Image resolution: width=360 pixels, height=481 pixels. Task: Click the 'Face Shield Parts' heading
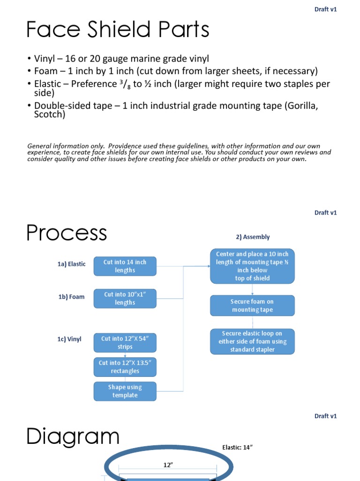point(118,30)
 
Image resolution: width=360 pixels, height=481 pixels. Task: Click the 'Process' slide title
point(67,233)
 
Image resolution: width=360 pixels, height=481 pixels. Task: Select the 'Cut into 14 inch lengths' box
point(125,266)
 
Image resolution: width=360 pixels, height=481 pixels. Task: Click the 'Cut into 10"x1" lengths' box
point(125,298)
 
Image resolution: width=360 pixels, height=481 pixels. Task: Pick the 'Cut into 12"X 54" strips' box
point(125,342)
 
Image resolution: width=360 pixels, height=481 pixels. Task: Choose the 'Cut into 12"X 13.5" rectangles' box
point(125,367)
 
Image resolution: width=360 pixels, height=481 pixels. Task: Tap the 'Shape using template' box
point(125,391)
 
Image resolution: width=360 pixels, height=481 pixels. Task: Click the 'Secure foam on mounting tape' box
point(252,305)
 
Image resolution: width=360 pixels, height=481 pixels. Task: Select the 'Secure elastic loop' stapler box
point(252,341)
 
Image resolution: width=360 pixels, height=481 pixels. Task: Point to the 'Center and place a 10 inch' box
point(252,266)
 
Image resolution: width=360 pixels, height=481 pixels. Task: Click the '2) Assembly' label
point(253,237)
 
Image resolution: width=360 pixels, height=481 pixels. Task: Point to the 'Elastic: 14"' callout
point(237,448)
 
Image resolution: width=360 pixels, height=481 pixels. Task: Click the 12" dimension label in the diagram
point(167,465)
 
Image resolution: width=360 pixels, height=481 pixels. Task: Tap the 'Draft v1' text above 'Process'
point(325,212)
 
